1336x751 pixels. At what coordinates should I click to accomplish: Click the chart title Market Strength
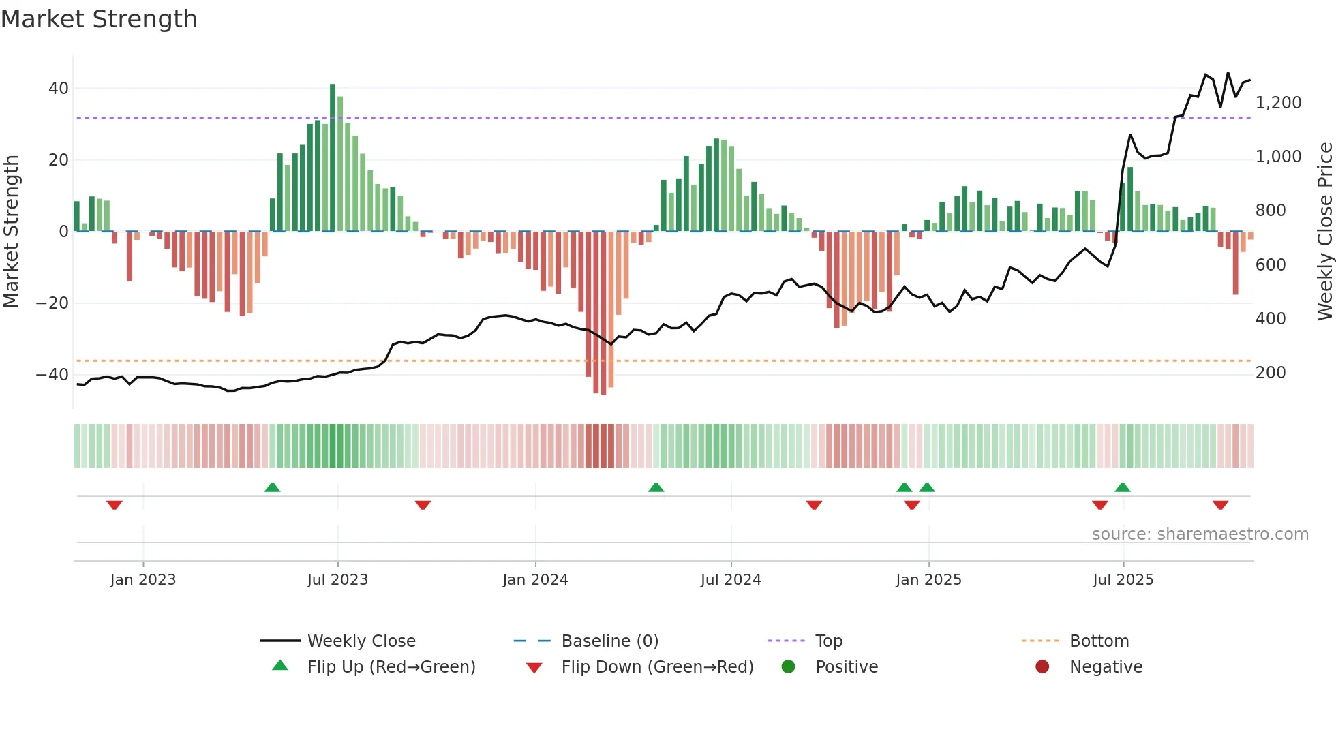(99, 19)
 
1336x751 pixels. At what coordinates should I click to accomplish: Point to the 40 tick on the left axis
(58, 89)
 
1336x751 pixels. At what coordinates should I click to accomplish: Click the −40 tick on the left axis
(52, 375)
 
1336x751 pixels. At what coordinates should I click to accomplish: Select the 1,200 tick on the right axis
(1278, 103)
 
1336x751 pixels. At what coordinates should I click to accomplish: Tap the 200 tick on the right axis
(1271, 373)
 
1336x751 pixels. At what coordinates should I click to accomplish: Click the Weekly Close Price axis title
(1324, 232)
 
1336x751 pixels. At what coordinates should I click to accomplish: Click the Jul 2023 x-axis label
(337, 580)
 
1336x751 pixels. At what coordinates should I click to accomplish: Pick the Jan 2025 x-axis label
(928, 580)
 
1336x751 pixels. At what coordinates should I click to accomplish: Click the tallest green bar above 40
(333, 157)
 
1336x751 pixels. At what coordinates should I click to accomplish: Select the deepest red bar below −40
(603, 313)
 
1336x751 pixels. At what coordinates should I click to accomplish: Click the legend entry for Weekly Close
(361, 641)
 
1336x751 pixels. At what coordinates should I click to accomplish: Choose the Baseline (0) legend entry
(609, 641)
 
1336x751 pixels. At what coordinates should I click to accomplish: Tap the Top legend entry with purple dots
(828, 641)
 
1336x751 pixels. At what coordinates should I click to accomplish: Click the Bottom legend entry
(1099, 641)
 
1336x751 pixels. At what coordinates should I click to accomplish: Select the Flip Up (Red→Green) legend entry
(391, 667)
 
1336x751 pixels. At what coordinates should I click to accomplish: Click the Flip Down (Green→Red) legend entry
(657, 667)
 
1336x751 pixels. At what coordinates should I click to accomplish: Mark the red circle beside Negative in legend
(1042, 667)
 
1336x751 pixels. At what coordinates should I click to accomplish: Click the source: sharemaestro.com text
(1200, 534)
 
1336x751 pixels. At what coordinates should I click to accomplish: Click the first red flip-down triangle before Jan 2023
(115, 505)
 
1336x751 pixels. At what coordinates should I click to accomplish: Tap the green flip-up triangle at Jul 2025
(1123, 487)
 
